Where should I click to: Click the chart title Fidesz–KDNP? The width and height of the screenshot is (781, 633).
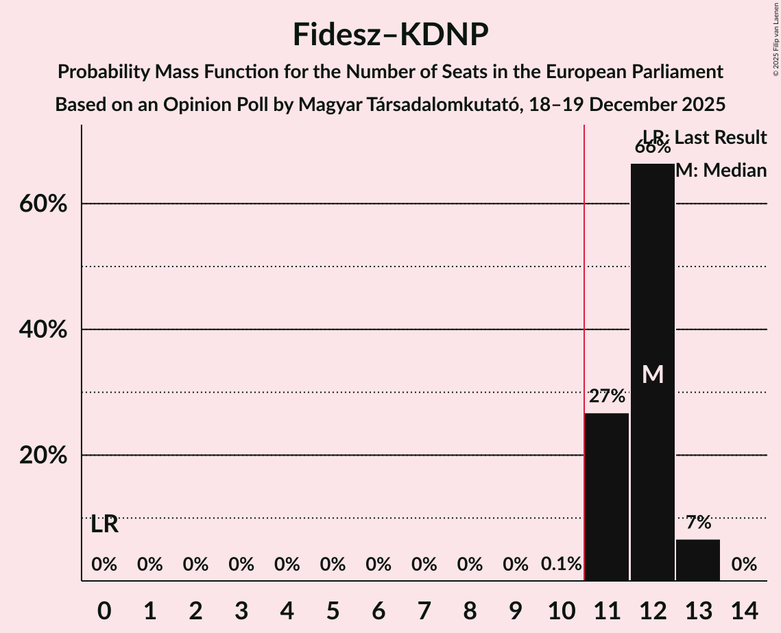[x=390, y=34]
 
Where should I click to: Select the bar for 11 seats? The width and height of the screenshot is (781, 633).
[x=606, y=497]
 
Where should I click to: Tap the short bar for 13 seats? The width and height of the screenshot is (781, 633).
[x=698, y=560]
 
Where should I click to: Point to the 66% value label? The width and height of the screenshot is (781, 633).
[x=652, y=147]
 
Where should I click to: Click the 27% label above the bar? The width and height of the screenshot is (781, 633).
[x=606, y=396]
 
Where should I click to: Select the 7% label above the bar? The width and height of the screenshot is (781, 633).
[x=698, y=523]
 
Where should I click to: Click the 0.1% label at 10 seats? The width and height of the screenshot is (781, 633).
[x=561, y=564]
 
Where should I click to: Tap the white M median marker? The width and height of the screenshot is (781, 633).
[x=653, y=374]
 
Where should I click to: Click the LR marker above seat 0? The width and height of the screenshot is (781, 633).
[x=104, y=525]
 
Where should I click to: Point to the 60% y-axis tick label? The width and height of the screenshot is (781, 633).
[x=43, y=204]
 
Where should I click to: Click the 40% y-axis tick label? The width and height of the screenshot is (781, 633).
[x=43, y=330]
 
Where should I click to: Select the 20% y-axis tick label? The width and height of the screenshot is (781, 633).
[x=43, y=456]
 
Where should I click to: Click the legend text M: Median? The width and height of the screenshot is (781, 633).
[x=721, y=171]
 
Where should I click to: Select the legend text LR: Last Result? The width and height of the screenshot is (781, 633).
[x=705, y=138]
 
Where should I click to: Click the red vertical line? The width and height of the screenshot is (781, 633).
[x=584, y=343]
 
